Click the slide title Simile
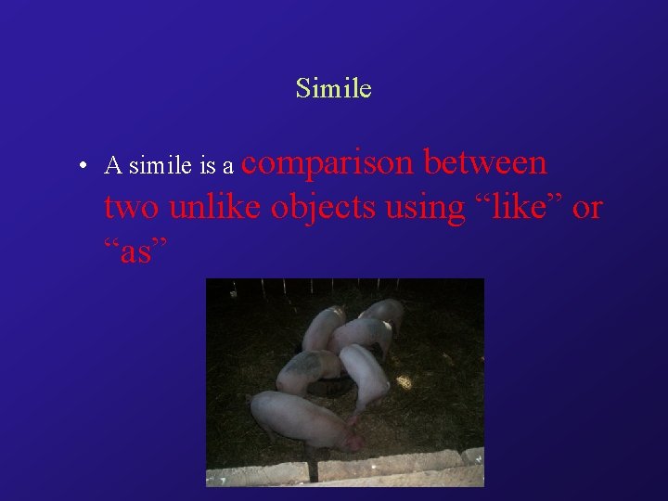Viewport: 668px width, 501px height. pos(333,88)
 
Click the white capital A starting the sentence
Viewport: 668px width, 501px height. pos(113,166)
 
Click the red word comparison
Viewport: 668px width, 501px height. pos(332,164)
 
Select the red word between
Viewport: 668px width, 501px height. pos(485,162)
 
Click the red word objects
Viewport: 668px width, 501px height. pos(320,209)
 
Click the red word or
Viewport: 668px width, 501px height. pos(587,208)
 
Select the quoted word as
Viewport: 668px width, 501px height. pos(135,251)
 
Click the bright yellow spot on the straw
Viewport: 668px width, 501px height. pos(405,381)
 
